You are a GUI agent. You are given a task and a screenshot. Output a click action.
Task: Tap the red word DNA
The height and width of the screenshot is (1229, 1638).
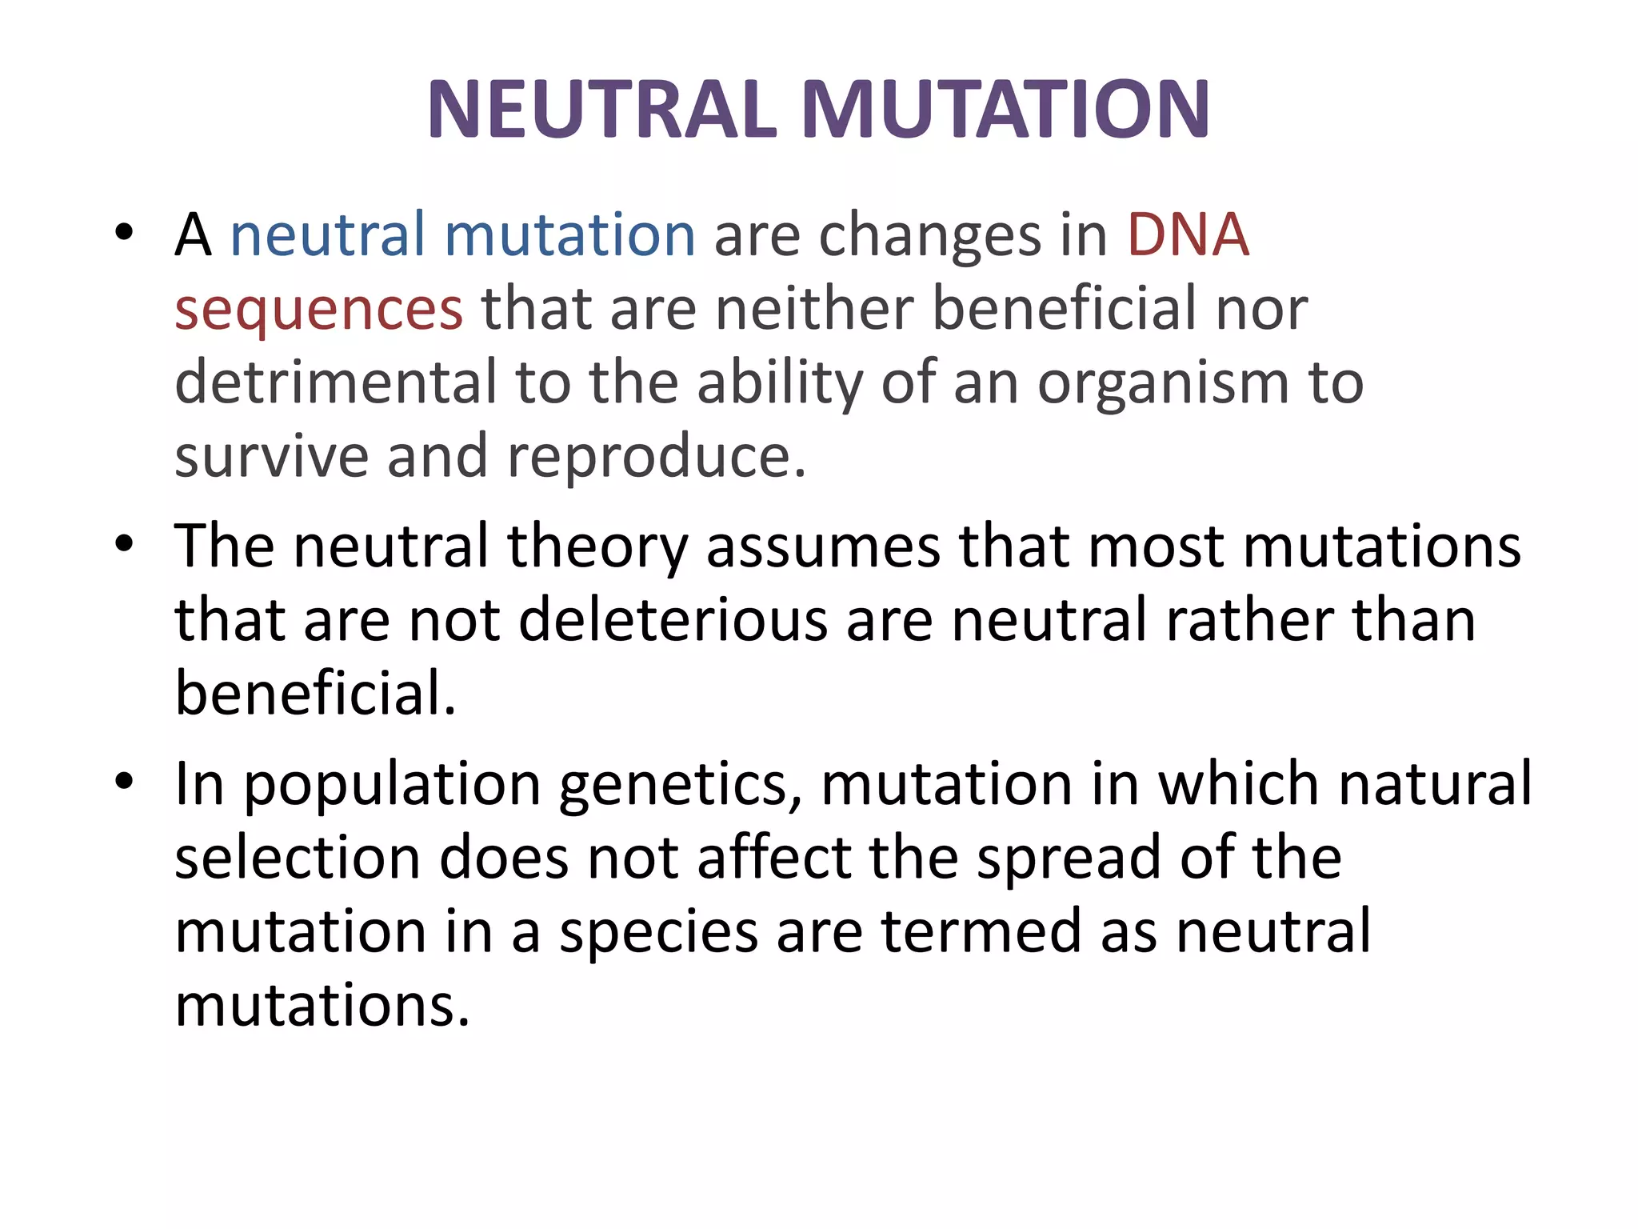(x=1188, y=235)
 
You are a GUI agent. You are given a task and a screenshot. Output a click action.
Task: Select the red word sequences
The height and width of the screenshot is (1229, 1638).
(x=318, y=310)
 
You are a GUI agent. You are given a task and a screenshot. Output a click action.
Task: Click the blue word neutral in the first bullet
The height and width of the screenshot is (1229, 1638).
(x=327, y=235)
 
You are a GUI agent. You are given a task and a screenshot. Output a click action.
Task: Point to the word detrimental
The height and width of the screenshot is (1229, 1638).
(x=335, y=382)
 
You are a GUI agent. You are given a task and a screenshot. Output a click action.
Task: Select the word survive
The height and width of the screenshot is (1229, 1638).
(x=271, y=456)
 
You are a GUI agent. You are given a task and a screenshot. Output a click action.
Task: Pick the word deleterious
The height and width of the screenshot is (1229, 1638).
(x=673, y=620)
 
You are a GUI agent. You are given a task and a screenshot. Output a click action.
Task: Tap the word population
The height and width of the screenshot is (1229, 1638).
(x=392, y=785)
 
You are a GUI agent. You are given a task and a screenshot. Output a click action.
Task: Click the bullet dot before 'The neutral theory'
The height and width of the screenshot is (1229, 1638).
(x=124, y=545)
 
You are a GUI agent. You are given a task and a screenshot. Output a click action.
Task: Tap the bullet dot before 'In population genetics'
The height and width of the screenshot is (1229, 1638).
(x=124, y=781)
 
